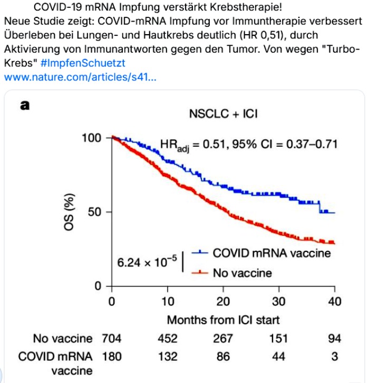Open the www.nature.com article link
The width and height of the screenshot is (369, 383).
click(x=79, y=77)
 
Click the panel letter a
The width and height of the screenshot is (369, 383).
click(x=24, y=105)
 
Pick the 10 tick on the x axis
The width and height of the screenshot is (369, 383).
click(x=167, y=302)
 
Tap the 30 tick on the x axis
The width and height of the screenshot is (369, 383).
click(x=278, y=302)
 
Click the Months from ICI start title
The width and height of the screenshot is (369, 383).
click(x=223, y=319)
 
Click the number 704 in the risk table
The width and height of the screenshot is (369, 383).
click(x=111, y=338)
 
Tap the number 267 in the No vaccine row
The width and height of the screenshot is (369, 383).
click(x=223, y=338)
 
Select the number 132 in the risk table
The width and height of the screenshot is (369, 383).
click(x=167, y=356)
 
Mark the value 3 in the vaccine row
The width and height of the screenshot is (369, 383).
click(x=334, y=356)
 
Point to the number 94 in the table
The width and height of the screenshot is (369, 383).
click(x=334, y=338)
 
